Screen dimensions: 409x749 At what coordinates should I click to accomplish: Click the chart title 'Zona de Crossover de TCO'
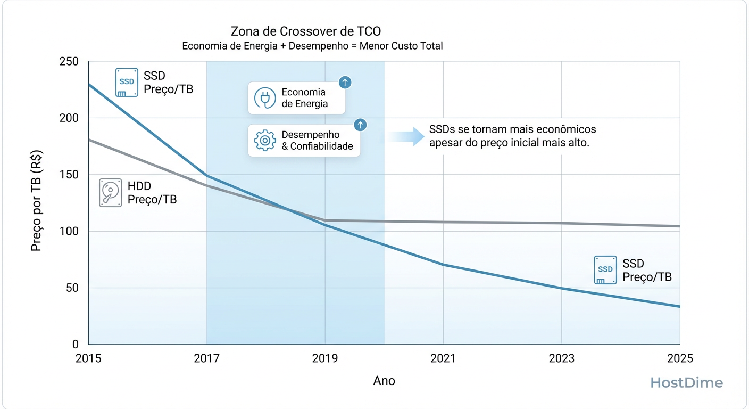click(306, 31)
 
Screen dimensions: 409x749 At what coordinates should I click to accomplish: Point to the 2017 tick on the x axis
click(206, 358)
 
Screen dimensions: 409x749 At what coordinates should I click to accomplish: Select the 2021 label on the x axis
click(443, 358)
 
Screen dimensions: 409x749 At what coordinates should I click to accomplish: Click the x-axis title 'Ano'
click(384, 381)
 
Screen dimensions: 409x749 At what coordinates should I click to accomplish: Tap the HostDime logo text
click(687, 382)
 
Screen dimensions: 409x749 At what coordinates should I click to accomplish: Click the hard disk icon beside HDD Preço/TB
click(110, 193)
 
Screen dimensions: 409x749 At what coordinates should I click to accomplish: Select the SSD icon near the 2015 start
click(127, 83)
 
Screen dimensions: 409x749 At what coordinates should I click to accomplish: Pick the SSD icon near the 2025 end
click(605, 270)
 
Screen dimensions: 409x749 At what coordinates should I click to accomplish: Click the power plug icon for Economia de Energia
click(264, 98)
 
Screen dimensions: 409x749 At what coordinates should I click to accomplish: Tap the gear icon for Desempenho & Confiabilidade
click(265, 141)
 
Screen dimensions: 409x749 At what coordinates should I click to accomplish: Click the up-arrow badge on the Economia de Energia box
click(345, 82)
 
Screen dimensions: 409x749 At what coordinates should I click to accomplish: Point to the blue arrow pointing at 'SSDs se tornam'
click(407, 136)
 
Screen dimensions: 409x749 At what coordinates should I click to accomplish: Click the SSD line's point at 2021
click(443, 265)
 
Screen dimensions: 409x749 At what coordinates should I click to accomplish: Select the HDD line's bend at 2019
click(325, 220)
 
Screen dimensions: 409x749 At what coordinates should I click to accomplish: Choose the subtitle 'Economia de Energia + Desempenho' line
click(312, 46)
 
